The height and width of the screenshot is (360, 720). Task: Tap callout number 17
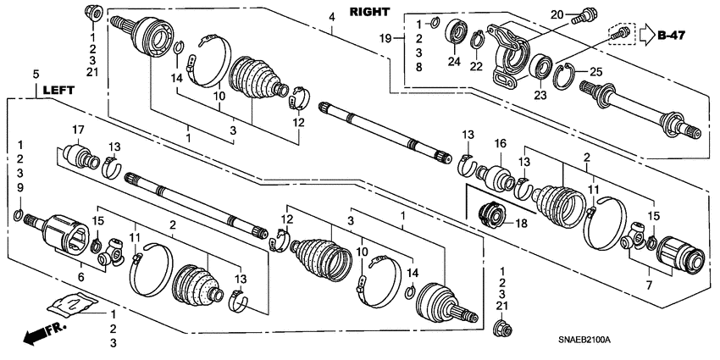[80, 130]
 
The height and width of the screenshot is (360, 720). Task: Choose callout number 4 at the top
[332, 16]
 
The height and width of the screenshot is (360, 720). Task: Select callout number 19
[407, 38]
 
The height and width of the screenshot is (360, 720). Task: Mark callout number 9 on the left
[21, 187]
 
